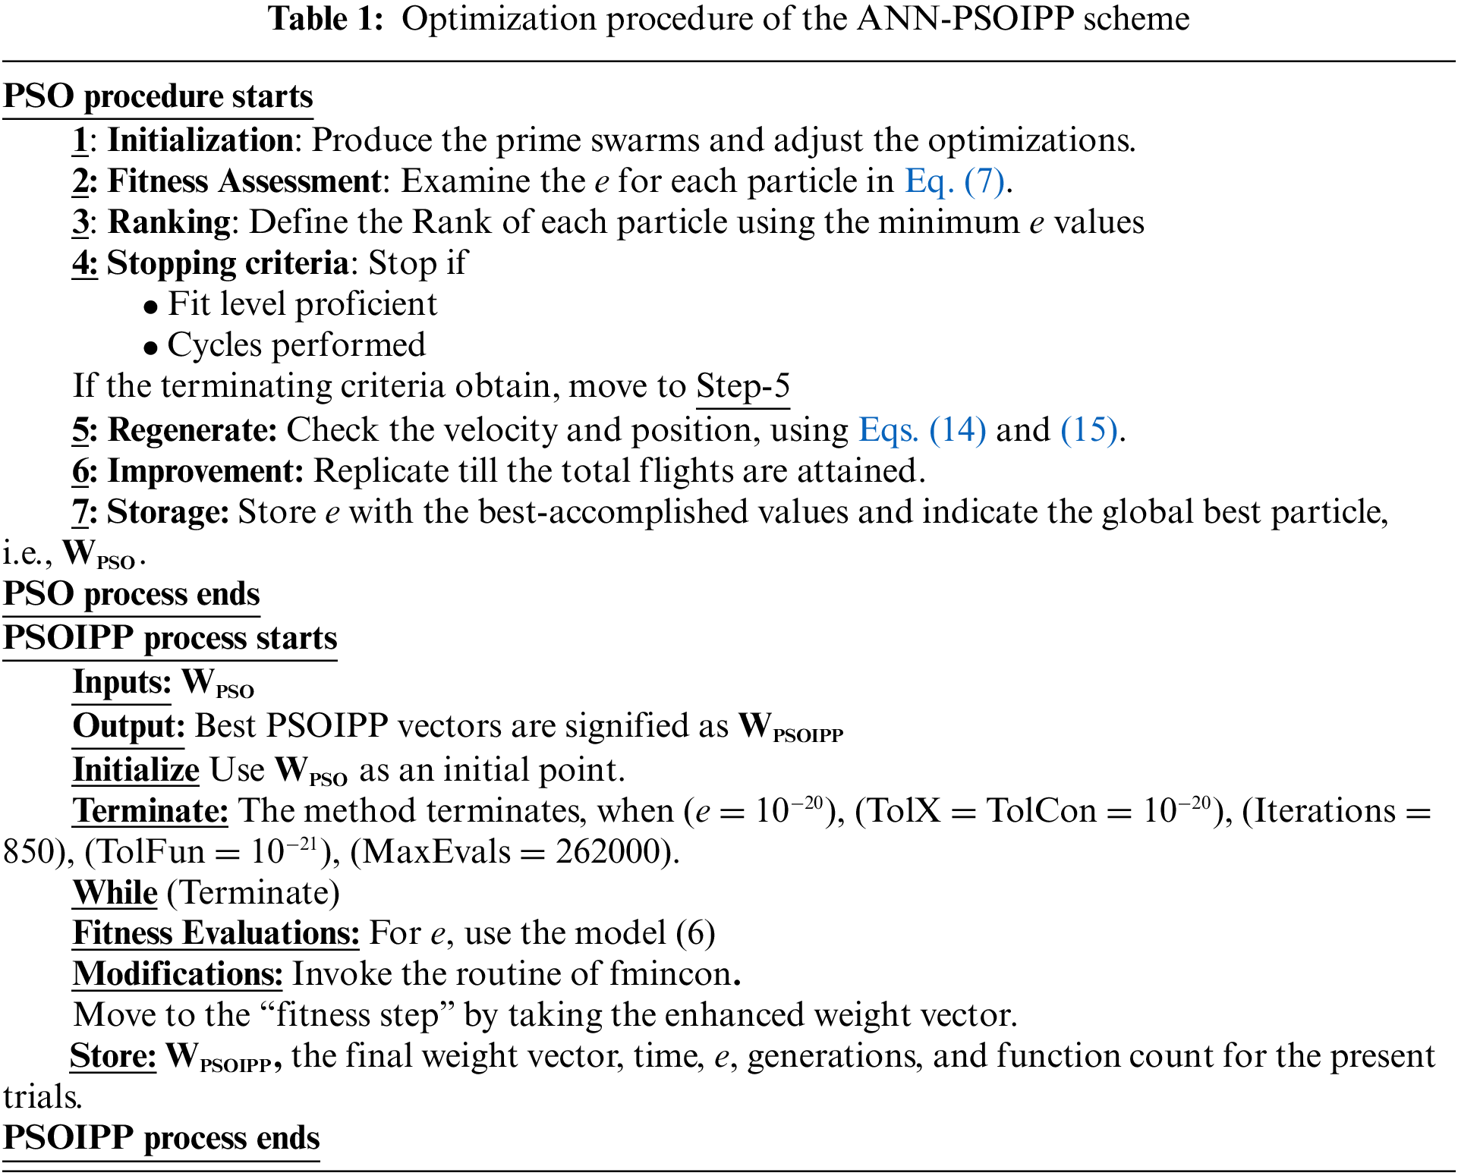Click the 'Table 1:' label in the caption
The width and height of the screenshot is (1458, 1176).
[x=326, y=18]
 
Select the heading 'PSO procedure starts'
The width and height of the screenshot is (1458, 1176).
[x=158, y=97]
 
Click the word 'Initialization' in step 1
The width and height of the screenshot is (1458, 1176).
[x=200, y=140]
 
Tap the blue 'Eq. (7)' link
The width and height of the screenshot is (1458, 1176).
[x=954, y=181]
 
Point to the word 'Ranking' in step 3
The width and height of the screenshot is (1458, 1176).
[x=169, y=222]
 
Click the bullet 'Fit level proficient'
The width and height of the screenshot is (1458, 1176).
[x=302, y=304]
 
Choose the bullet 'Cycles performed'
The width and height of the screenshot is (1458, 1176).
[x=296, y=345]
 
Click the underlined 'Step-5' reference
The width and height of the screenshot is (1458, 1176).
[x=743, y=386]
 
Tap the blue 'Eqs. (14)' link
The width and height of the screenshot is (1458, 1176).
[x=922, y=430]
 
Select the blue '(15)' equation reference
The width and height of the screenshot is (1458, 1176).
[x=1089, y=430]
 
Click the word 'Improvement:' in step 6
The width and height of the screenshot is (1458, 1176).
[x=206, y=471]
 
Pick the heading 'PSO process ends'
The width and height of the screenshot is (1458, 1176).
[x=131, y=594]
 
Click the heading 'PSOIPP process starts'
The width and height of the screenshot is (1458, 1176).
[x=170, y=638]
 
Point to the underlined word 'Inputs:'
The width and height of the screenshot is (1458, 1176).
[x=122, y=682]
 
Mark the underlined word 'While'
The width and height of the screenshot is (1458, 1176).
[x=115, y=893]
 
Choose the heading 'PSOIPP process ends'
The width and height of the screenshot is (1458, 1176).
[x=162, y=1138]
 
